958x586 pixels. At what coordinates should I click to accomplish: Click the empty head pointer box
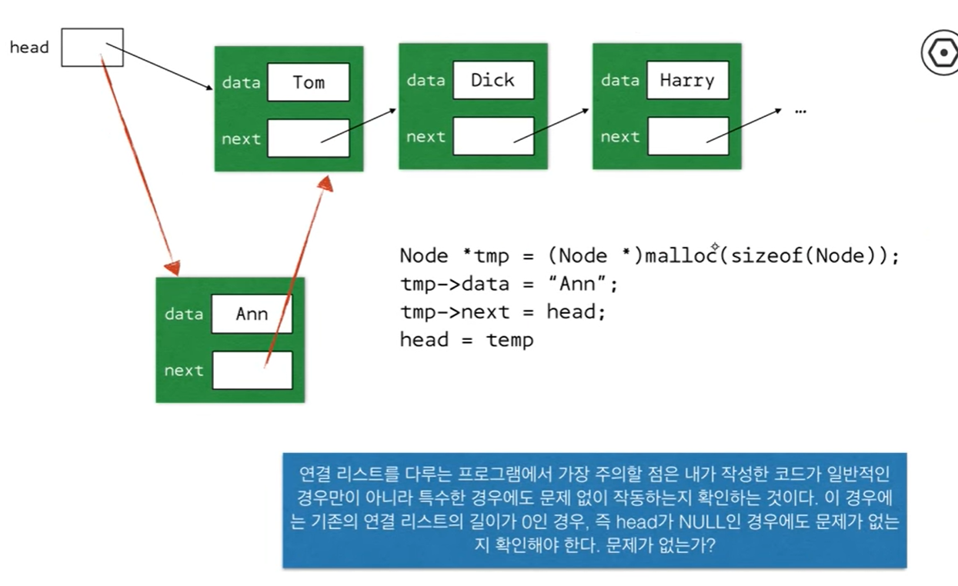[92, 47]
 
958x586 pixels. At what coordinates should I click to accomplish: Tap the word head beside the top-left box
[29, 48]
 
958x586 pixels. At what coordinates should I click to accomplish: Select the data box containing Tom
[308, 82]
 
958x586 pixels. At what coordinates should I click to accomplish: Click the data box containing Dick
[492, 80]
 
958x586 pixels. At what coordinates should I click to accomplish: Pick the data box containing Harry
[687, 80]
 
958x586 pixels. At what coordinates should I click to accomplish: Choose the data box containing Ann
[252, 314]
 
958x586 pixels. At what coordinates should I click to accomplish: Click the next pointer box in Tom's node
[308, 138]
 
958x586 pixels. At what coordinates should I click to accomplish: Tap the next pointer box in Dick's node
[492, 136]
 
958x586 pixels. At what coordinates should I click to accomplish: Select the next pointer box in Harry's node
[687, 136]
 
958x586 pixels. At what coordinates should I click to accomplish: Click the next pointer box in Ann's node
[252, 370]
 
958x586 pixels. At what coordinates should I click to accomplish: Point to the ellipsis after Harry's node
[800, 110]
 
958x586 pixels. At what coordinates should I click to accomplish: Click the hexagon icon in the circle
[940, 53]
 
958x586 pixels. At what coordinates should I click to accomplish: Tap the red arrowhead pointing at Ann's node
[172, 266]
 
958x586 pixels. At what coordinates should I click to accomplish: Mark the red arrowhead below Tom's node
[325, 183]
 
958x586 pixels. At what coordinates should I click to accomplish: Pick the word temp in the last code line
[509, 339]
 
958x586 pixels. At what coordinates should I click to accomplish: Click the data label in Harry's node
[620, 80]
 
